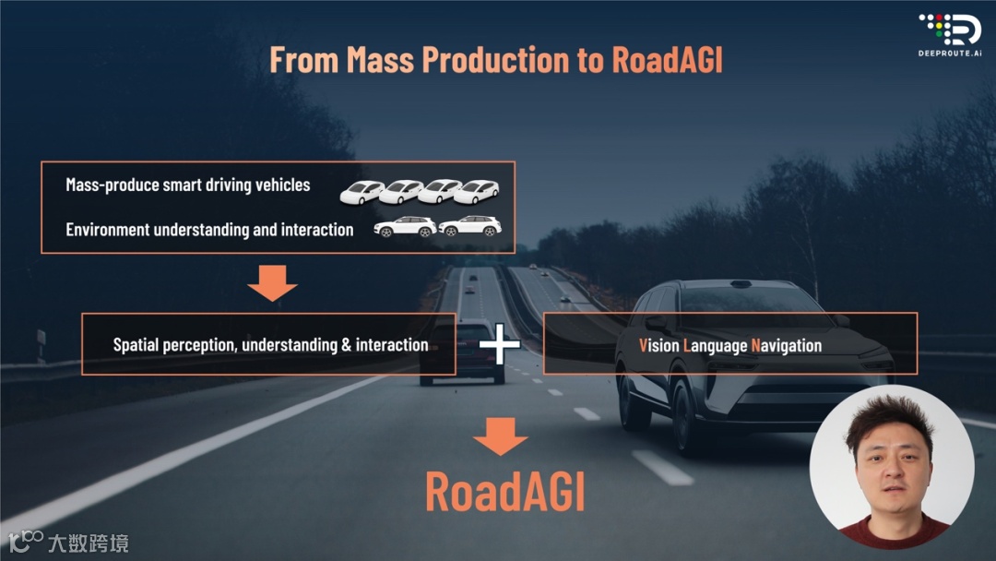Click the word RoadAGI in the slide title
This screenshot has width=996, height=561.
667,59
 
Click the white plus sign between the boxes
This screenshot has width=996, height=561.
499,345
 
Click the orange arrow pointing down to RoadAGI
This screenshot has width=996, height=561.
501,436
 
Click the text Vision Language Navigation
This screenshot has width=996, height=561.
730,345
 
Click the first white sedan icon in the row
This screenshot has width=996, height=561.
362,191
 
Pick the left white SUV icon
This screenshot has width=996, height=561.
405,227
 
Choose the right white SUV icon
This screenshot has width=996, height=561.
470,227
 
